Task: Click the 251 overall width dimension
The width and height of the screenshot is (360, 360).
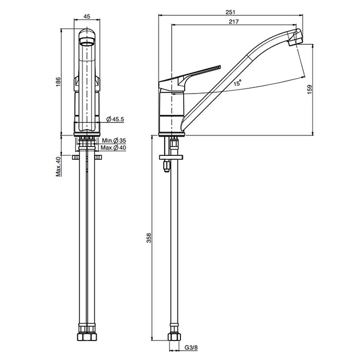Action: coord(230,12)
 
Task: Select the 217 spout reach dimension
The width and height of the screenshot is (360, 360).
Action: coord(233,22)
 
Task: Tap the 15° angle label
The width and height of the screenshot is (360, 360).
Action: coord(238,83)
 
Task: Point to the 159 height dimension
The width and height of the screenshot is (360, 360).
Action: coord(310,89)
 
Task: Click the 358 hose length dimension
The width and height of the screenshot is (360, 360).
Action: coord(149,238)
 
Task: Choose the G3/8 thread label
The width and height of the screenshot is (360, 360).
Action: coord(191,348)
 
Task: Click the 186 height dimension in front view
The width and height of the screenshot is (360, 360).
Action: coord(58,82)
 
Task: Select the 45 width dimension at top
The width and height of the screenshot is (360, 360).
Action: coord(87,16)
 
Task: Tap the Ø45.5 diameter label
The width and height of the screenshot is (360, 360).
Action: coord(115,119)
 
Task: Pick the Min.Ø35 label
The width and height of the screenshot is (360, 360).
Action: coord(114,140)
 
